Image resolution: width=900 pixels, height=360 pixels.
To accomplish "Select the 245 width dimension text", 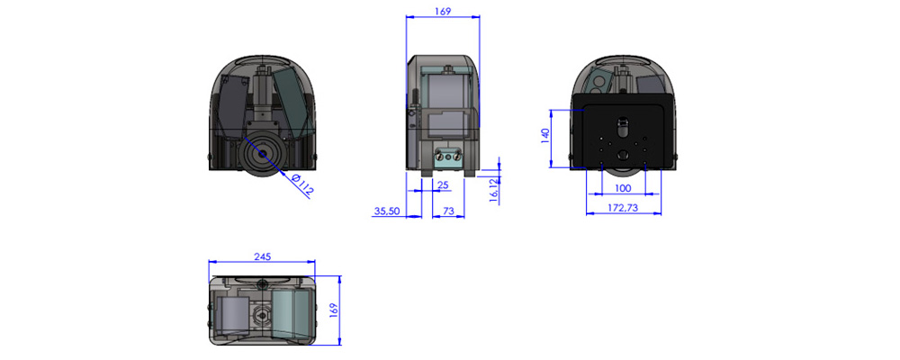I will (x=262, y=256).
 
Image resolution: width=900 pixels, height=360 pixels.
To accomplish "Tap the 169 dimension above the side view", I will (x=442, y=12).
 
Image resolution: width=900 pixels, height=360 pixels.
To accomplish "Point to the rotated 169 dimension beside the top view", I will (x=332, y=310).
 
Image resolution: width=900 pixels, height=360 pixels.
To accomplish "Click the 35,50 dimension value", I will (x=387, y=211).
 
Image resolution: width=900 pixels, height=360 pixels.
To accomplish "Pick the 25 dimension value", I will (x=442, y=184).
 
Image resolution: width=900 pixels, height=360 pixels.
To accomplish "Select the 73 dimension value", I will (x=448, y=211).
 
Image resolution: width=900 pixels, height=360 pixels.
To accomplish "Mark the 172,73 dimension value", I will (x=624, y=208).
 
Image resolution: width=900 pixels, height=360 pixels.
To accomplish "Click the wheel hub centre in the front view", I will (x=262, y=154).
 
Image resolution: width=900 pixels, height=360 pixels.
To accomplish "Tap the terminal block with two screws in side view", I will (x=445, y=158).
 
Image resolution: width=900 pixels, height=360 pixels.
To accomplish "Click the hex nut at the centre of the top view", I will (x=263, y=315).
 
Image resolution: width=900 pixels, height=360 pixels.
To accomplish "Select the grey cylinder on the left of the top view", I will (x=229, y=318).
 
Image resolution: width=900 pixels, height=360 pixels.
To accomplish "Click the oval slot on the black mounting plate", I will (x=623, y=121).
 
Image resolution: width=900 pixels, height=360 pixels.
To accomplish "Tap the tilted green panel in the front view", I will (x=293, y=99).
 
